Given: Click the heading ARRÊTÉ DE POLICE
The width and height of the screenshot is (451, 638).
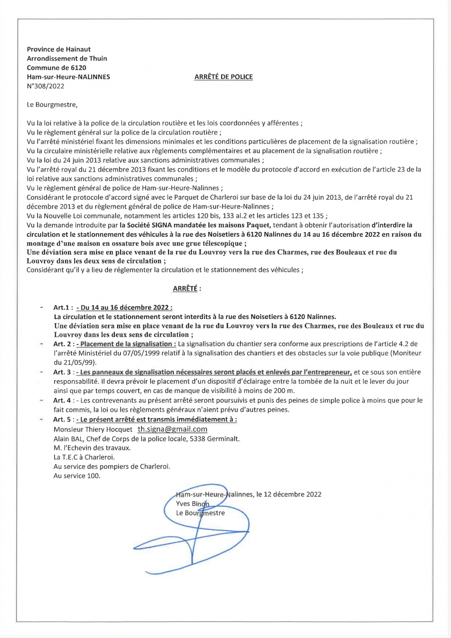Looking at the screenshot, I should [223, 77].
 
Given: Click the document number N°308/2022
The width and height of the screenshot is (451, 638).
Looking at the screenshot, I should [45, 86].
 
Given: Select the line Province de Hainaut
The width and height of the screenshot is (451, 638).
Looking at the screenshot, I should [59, 49].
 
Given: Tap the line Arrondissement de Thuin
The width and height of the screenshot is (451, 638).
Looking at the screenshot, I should [67, 59].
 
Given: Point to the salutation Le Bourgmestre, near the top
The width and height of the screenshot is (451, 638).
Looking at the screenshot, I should [52, 105].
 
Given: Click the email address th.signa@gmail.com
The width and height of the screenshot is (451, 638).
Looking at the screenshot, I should [172, 429].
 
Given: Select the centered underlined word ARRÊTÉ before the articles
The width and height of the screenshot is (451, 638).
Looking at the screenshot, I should [185, 289].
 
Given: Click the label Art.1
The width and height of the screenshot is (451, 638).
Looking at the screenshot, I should [63, 307].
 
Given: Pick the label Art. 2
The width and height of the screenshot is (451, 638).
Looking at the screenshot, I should [63, 344].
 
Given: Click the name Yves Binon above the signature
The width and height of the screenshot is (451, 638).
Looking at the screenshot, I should [192, 504].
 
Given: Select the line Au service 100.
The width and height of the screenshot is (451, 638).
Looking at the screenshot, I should [77, 476].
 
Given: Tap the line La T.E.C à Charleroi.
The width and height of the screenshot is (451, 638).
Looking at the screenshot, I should [84, 457].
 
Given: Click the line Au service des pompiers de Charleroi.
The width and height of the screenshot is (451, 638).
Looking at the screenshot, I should [112, 467].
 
